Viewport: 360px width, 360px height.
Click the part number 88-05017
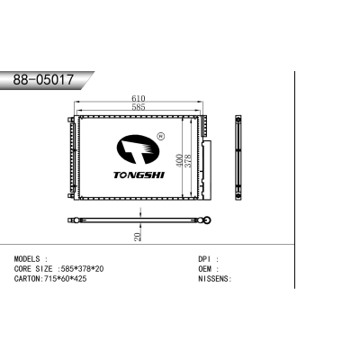pos(43,80)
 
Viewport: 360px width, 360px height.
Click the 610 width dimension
pos(138,97)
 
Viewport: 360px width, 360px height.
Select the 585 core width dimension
pos(138,108)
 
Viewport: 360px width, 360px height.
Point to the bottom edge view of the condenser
pos(139,220)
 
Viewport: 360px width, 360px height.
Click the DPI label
pos(205,258)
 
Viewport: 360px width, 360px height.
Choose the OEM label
pos(205,268)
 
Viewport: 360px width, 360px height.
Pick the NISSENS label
pos(213,279)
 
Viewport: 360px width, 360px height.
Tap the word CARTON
pos(27,279)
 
